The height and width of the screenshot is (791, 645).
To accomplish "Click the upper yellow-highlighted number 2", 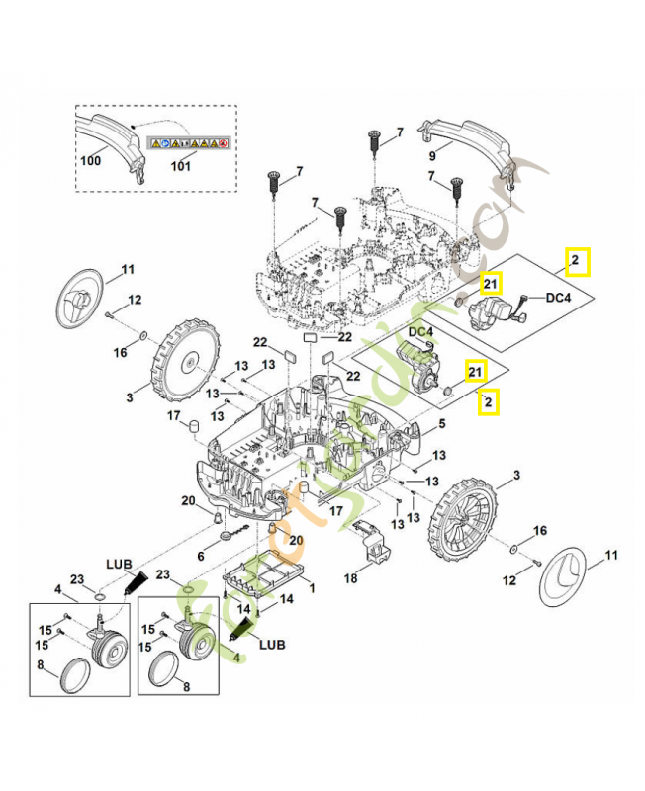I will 576,261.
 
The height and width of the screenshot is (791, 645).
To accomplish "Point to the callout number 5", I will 442,424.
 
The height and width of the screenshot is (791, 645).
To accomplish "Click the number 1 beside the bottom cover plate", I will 314,587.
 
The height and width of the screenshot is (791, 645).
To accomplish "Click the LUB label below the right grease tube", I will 269,644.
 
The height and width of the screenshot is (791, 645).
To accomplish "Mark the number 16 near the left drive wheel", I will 120,352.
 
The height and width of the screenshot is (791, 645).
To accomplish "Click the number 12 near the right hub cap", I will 510,581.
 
